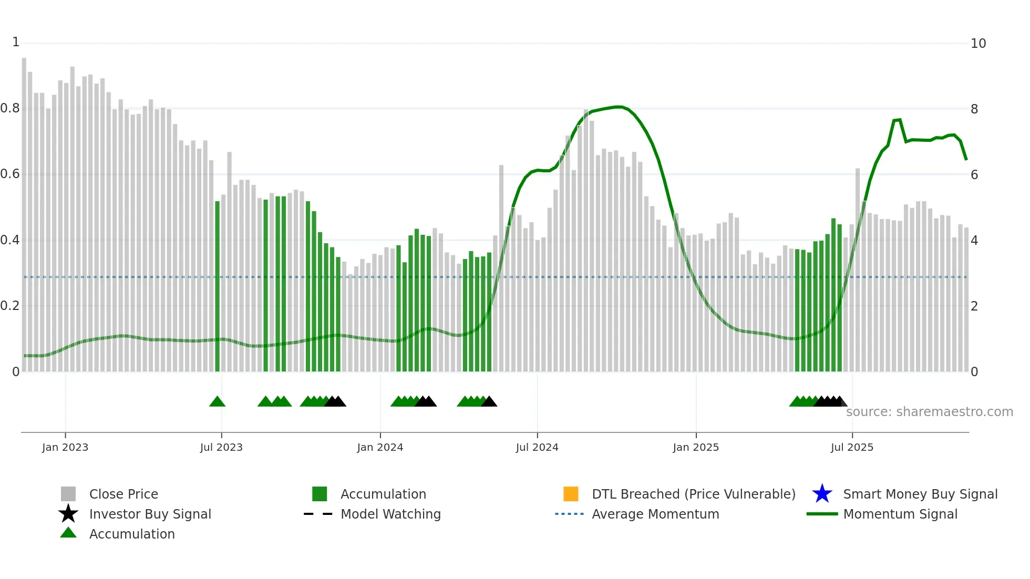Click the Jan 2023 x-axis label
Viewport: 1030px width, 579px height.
coord(65,447)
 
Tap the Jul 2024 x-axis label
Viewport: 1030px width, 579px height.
coord(537,447)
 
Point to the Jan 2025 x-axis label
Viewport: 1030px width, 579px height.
coord(696,447)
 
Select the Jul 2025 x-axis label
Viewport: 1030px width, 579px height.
coord(852,447)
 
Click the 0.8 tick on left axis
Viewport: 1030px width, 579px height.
coord(10,108)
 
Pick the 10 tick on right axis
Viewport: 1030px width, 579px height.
coord(978,44)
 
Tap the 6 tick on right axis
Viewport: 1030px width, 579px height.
coord(974,174)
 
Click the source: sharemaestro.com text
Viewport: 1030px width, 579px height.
coord(929,411)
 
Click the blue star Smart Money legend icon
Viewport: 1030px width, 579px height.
coord(822,494)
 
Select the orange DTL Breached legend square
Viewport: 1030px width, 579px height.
coord(571,494)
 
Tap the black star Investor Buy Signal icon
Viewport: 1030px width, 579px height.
coord(68,514)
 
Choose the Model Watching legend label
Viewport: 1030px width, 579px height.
coord(390,514)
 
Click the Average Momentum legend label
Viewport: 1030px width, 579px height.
coord(655,514)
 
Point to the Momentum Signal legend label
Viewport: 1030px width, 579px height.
coord(900,514)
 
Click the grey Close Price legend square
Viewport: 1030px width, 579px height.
coord(68,494)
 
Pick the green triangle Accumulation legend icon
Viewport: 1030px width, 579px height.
coord(68,533)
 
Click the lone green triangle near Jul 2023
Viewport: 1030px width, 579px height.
coord(217,402)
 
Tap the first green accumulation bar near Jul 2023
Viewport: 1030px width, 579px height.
coord(217,286)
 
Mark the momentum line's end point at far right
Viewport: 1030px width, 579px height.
coord(966,159)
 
